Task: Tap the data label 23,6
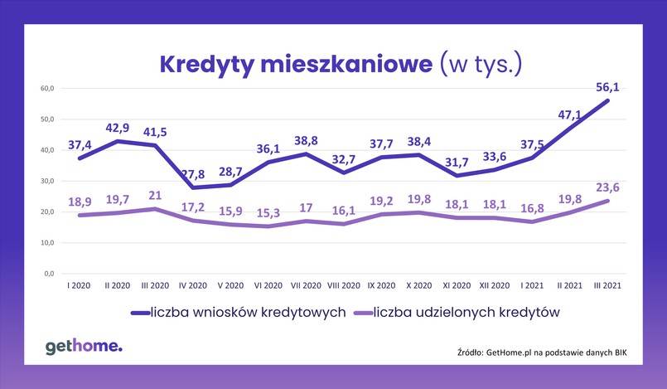click(x=610, y=187)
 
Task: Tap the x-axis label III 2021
click(x=610, y=284)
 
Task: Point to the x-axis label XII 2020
click(x=495, y=284)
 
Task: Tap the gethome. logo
click(x=83, y=347)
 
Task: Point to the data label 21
click(x=155, y=196)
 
